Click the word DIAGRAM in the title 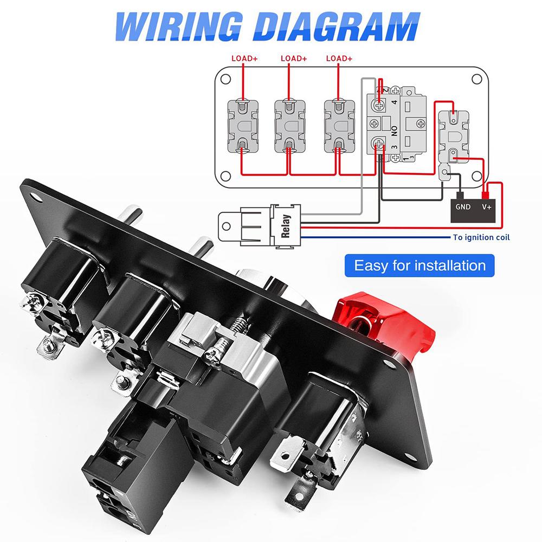337,27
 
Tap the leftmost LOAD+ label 244,59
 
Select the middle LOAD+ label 294,59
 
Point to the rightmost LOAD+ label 339,59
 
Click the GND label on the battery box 463,207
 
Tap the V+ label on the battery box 487,207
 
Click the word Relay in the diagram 286,226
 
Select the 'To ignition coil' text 481,237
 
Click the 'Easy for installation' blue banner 420,266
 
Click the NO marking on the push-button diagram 395,131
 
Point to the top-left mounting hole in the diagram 225,79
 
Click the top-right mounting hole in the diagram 476,79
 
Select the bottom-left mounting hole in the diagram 225,176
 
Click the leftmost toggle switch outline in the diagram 243,126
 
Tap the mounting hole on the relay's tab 227,227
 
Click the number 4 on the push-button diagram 395,102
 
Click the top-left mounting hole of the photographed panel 36,197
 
